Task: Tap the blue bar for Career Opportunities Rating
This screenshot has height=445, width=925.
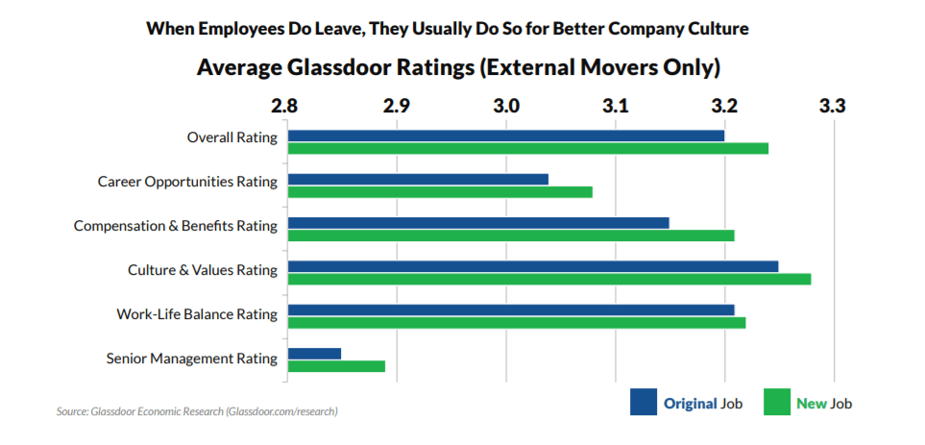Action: tap(418, 179)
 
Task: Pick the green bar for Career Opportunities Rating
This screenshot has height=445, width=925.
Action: tap(440, 191)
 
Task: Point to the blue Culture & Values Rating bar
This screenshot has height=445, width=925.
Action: tap(533, 266)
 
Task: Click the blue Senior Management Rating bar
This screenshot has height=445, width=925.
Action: tap(314, 354)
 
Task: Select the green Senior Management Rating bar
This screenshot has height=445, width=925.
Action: tap(336, 366)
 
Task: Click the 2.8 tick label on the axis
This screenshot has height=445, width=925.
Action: tap(286, 105)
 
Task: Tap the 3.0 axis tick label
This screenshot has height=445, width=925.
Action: tap(505, 105)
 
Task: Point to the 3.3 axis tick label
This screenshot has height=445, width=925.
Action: tap(833, 105)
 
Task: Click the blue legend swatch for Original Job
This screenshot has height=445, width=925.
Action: tap(643, 403)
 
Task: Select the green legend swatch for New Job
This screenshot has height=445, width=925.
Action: tap(776, 403)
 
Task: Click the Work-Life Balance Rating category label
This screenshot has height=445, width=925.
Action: tap(197, 314)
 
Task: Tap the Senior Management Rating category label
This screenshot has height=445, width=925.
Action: tap(191, 358)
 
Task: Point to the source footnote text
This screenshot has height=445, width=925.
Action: tap(197, 411)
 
